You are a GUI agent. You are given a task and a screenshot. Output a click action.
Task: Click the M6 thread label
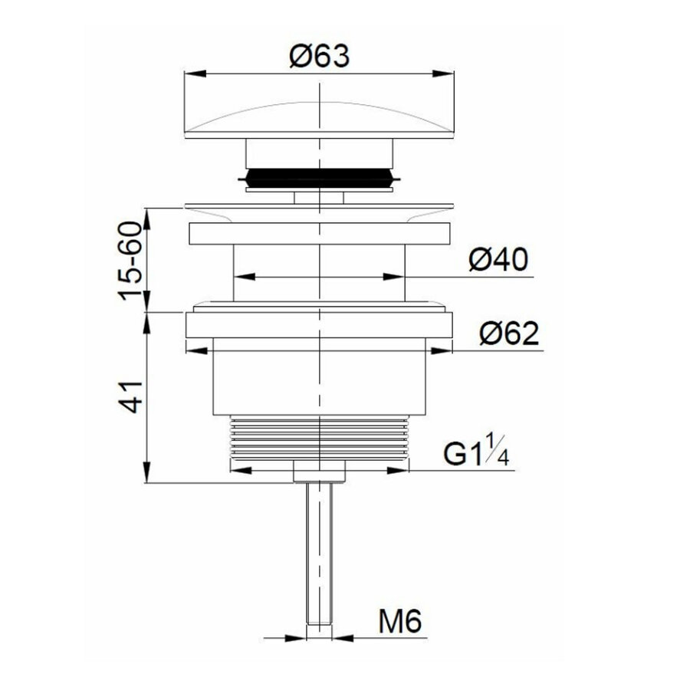point(400,621)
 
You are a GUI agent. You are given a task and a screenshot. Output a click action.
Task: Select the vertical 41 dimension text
point(132,397)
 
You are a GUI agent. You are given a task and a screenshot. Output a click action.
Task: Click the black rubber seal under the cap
point(317,179)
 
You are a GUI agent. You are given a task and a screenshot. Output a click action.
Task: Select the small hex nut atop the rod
point(317,472)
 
